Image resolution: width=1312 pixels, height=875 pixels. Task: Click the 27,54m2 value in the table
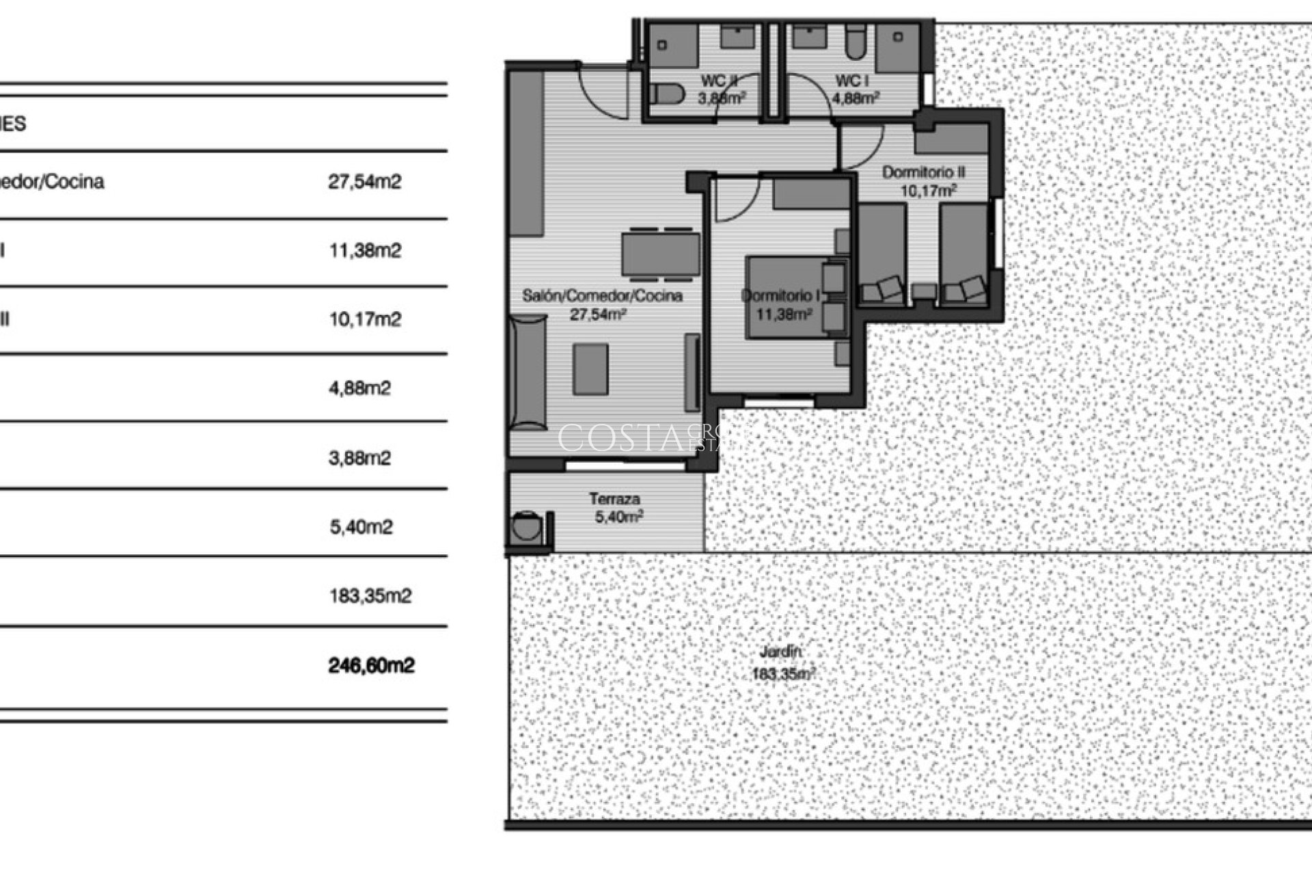pyautogui.click(x=364, y=182)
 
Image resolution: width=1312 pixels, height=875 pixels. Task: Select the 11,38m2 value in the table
pyautogui.click(x=365, y=251)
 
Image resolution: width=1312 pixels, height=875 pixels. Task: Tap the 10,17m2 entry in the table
pyautogui.click(x=365, y=319)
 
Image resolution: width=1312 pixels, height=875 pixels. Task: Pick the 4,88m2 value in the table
pyautogui.click(x=359, y=388)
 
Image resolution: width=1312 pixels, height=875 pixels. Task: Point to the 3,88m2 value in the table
pyautogui.click(x=359, y=457)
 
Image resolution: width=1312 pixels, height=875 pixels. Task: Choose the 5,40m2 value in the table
pyautogui.click(x=361, y=527)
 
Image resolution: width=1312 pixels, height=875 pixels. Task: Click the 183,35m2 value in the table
pyautogui.click(x=370, y=596)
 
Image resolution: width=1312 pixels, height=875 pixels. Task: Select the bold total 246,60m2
pyautogui.click(x=371, y=665)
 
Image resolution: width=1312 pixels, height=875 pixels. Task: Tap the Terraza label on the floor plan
pyautogui.click(x=614, y=499)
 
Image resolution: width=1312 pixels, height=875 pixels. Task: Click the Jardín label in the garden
pyautogui.click(x=780, y=652)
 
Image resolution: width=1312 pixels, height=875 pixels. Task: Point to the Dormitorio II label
pyautogui.click(x=923, y=172)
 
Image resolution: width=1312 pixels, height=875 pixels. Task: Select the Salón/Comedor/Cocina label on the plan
pyautogui.click(x=602, y=296)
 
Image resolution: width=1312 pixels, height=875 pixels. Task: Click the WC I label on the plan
pyautogui.click(x=851, y=81)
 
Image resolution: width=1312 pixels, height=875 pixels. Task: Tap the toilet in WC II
pyautogui.click(x=667, y=94)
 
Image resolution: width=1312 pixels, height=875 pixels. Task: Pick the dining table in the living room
pyautogui.click(x=661, y=254)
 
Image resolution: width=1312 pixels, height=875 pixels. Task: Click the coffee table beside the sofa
pyautogui.click(x=591, y=369)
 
